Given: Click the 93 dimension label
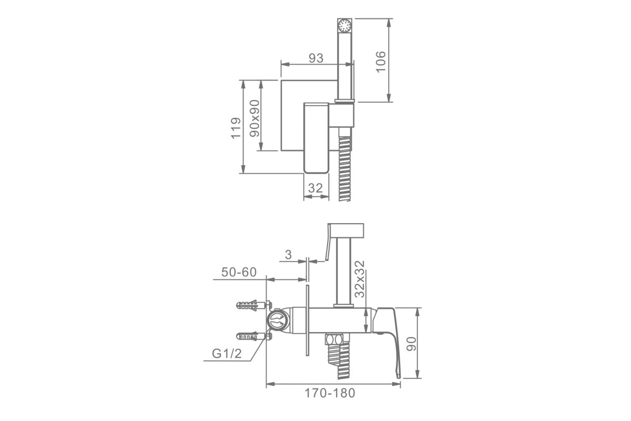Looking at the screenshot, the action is pyautogui.click(x=316, y=58).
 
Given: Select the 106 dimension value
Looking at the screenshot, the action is pyautogui.click(x=381, y=62).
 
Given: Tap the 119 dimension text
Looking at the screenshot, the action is pyautogui.click(x=236, y=128).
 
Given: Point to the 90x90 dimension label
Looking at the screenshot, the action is pyautogui.click(x=255, y=118).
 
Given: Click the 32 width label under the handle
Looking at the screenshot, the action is pyautogui.click(x=315, y=188).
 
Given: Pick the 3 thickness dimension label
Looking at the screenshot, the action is pyautogui.click(x=288, y=255).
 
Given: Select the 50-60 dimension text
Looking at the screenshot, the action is pyautogui.click(x=239, y=272).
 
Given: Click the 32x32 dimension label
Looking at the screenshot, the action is pyautogui.click(x=360, y=279).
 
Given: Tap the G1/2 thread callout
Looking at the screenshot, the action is pyautogui.click(x=227, y=354).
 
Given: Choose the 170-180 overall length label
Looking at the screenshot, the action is pyautogui.click(x=330, y=393).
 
